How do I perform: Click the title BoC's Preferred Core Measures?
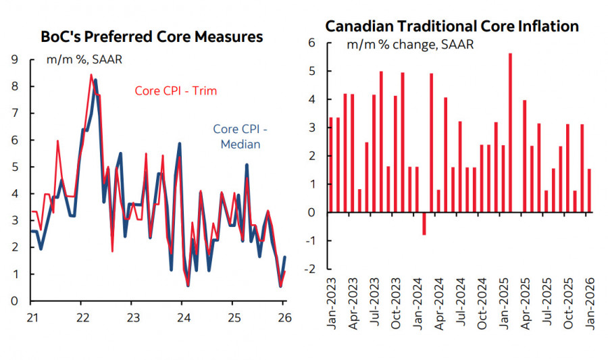point(151,36)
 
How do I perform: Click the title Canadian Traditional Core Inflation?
point(452,26)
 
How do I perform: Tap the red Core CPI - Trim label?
point(176,91)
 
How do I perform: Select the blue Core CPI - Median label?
point(237,136)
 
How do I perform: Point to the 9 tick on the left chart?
point(14,59)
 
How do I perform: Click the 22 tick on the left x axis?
point(81,317)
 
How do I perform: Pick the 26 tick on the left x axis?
point(284,317)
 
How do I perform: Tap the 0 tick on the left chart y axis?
point(14,301)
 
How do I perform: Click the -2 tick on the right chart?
point(312,269)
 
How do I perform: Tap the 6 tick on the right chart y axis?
point(313,43)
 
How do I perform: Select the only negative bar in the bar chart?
point(424,224)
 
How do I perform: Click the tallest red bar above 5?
point(510,132)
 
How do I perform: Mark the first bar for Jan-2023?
point(331,165)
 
